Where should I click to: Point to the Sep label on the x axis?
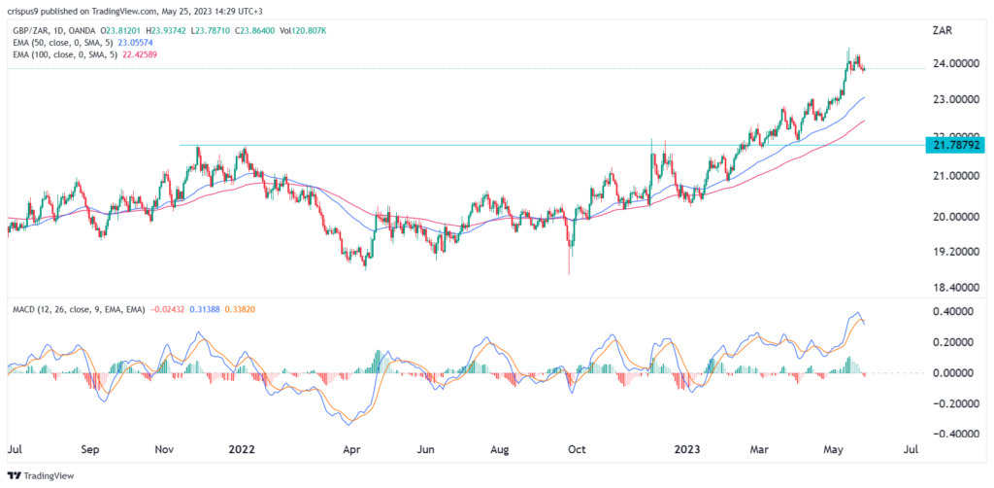[x=90, y=450]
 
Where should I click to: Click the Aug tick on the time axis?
[x=502, y=450]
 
